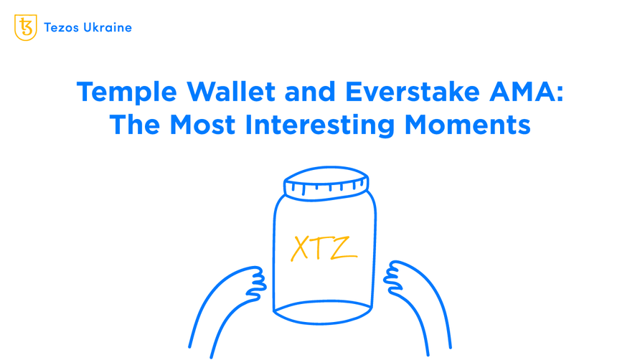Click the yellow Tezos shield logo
[26, 27]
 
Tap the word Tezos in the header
[60, 28]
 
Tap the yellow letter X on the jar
[301, 249]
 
